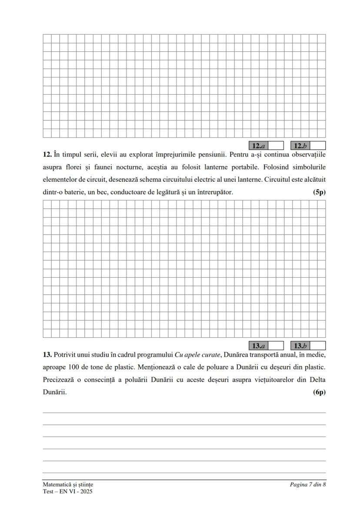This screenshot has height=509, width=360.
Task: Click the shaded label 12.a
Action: click(x=259, y=146)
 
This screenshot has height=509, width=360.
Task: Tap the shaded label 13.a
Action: click(x=259, y=346)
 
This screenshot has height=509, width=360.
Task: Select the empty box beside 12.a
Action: click(x=276, y=146)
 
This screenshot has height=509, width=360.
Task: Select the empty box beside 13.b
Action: click(x=317, y=346)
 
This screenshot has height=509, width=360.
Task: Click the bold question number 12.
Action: click(x=47, y=155)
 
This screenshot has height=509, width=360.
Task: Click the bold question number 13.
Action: click(x=47, y=355)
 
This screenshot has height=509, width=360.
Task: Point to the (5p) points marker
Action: click(x=319, y=192)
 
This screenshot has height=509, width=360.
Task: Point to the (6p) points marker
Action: click(x=319, y=392)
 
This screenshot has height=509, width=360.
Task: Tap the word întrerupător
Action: click(x=213, y=192)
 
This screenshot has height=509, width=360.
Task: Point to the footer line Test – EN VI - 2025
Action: click(x=67, y=492)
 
